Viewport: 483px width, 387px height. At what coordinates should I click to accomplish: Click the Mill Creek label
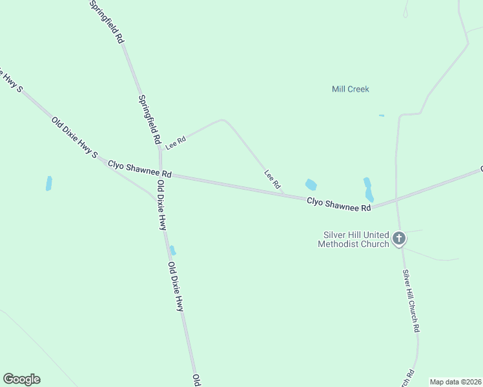coord(350,89)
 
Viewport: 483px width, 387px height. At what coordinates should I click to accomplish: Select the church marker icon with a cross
coord(399,239)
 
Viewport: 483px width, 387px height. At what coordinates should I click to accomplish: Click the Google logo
coord(21,379)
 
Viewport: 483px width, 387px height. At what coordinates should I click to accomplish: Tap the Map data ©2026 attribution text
coord(455,382)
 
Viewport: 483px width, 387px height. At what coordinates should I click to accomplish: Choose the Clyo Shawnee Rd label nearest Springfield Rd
coord(139,170)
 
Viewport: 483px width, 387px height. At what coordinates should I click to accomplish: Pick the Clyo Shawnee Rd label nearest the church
coord(338,204)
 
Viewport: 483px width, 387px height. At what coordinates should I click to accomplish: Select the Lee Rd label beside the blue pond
coord(272,179)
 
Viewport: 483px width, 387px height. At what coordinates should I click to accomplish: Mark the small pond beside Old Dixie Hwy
coord(172,250)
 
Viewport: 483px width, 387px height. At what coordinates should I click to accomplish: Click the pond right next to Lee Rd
coord(311,184)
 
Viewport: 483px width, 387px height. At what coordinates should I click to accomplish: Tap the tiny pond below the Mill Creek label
coord(382,116)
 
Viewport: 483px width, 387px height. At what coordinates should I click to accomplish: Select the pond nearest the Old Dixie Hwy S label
coord(48,183)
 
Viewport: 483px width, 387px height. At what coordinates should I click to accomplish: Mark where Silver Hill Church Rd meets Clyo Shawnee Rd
coord(396,200)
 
